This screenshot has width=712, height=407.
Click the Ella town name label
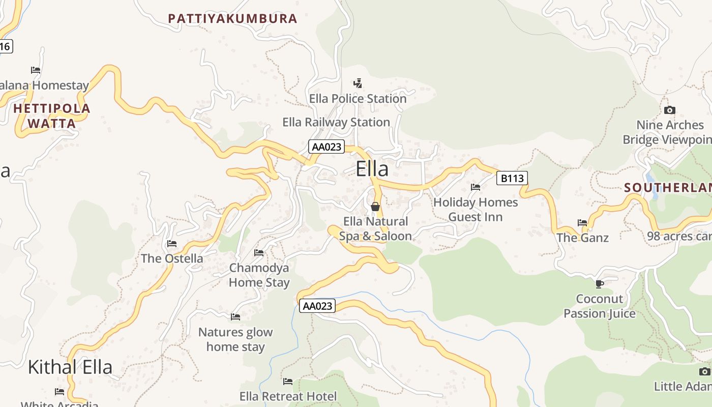coord(372,169)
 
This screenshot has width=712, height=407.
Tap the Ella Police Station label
coord(358,99)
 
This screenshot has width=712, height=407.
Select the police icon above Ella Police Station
coord(358,83)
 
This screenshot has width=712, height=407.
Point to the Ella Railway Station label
coord(336,122)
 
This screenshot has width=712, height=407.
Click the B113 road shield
coord(512,178)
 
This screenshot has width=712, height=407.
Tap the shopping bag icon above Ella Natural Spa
coord(375,207)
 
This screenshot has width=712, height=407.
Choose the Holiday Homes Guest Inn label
coord(476,210)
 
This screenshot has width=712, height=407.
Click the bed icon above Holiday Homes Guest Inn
coord(476,187)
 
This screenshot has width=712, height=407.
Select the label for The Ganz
coord(582,238)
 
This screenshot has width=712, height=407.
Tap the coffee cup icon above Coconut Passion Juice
coord(600,284)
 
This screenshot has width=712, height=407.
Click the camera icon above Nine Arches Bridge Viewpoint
coord(670,110)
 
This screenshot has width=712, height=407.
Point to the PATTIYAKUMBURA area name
coord(232,19)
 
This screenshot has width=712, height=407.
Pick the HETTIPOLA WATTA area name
coord(52,116)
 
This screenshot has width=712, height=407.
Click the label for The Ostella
coord(172,258)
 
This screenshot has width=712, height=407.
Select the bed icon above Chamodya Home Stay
coord(259,253)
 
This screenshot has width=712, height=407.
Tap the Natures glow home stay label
coord(235,339)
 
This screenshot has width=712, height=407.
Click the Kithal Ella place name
coord(70,367)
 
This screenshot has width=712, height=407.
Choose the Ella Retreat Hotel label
coord(288,396)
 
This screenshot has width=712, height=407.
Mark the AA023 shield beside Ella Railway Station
coord(327,147)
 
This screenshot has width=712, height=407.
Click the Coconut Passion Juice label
coord(600,306)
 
